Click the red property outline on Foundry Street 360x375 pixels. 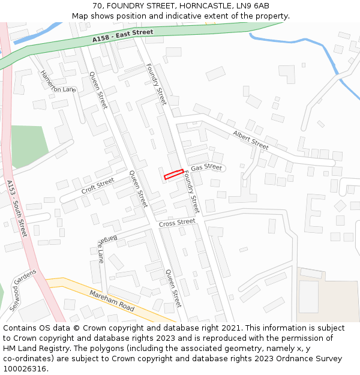pos(173,174)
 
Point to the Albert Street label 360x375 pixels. pos(250,140)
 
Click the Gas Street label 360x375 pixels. pos(206,167)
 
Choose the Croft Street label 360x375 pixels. pos(98,186)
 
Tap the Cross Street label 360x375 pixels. pos(177,223)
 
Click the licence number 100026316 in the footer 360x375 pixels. pos(23,369)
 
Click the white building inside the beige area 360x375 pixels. pos(308,296)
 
